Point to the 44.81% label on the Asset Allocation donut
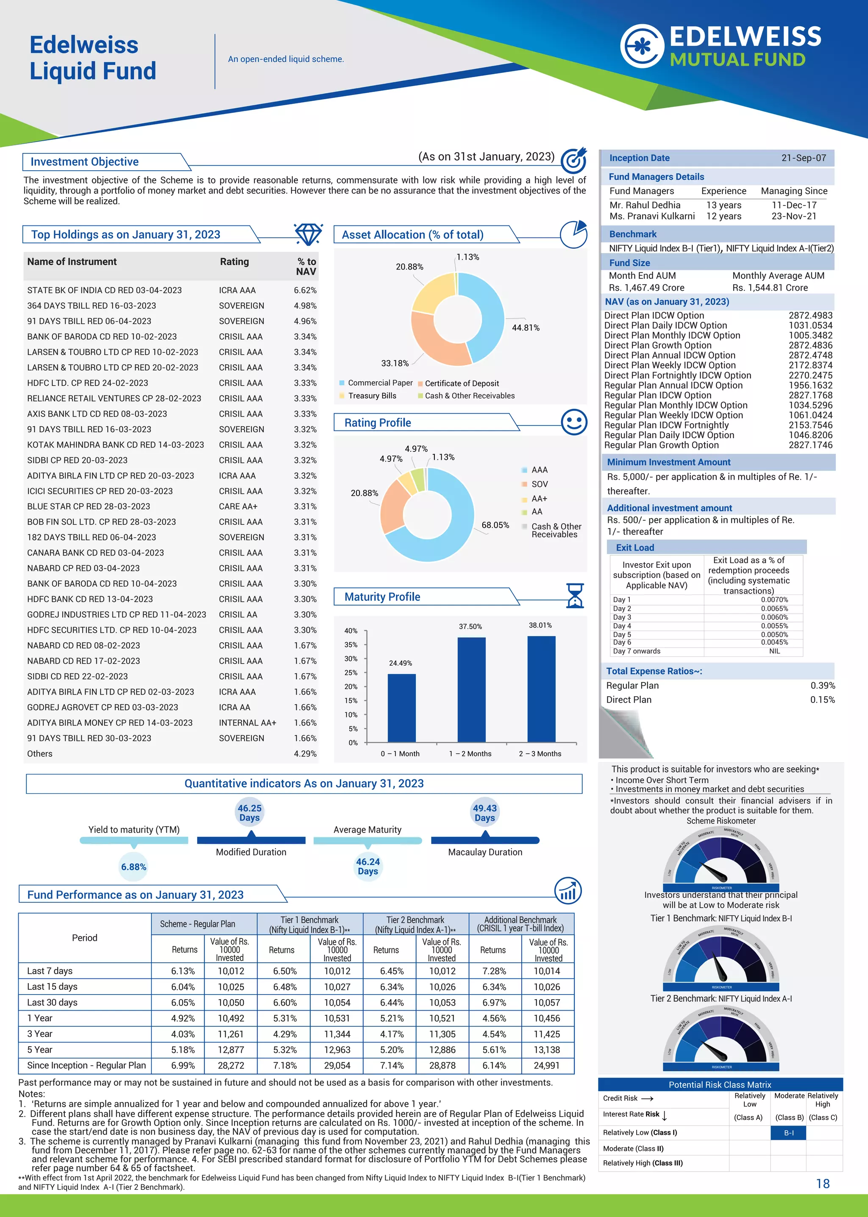click(x=526, y=328)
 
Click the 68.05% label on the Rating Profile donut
click(x=495, y=525)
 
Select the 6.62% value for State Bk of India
click(x=305, y=290)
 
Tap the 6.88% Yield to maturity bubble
click(x=134, y=867)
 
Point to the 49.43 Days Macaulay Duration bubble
click(x=484, y=813)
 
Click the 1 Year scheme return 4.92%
click(x=183, y=1018)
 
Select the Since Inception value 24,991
click(x=546, y=1065)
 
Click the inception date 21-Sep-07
click(x=803, y=158)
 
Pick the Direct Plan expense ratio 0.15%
click(x=822, y=699)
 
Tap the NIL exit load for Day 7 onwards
click(x=774, y=651)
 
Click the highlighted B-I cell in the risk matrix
click(x=788, y=1133)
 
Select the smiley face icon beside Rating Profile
click(x=574, y=422)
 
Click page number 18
click(x=823, y=1184)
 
